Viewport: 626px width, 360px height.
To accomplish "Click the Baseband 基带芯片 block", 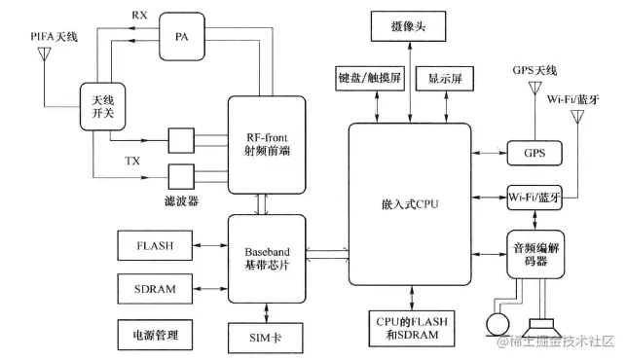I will point(266,257).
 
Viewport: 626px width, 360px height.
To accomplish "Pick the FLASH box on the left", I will point(154,246).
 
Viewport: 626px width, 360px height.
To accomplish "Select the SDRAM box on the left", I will point(154,290).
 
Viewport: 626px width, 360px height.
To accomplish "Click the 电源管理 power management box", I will point(154,334).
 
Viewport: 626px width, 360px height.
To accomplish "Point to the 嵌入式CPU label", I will point(408,205).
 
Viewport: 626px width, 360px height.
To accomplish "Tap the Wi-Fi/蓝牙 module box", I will point(534,198).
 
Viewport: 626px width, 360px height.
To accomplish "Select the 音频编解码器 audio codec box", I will point(536,255).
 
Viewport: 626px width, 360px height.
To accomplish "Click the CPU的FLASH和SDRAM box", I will point(409,328).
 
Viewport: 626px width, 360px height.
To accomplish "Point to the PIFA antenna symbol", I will point(44,53).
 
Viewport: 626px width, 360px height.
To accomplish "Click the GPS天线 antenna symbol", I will point(534,90).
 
